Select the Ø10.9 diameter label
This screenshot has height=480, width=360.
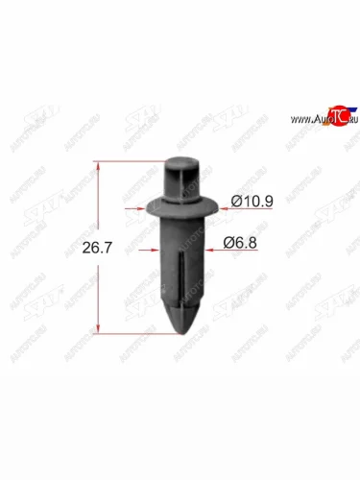point(251,203)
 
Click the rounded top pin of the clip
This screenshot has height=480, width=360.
point(179,174)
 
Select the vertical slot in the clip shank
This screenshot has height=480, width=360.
point(180,278)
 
